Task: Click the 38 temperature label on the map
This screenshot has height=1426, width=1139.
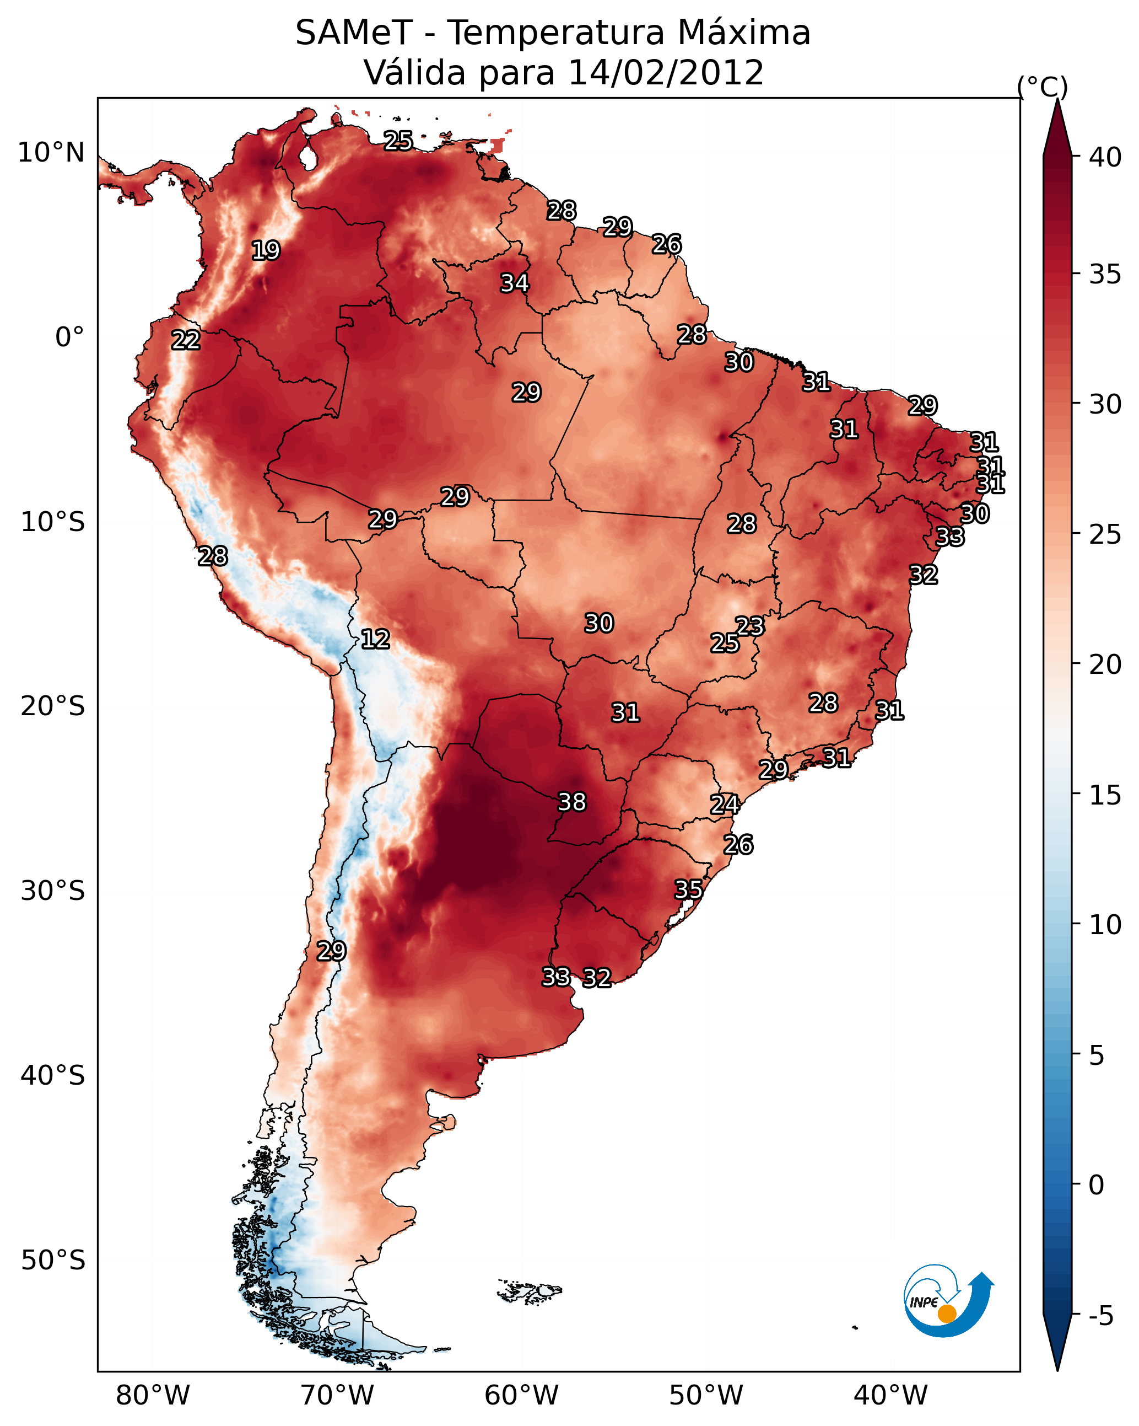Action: tap(572, 802)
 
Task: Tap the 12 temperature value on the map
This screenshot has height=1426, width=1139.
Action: tap(375, 639)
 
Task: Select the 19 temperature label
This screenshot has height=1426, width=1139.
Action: tap(266, 251)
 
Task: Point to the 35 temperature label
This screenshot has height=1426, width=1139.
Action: tap(688, 889)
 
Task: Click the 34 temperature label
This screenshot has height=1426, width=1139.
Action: tap(514, 283)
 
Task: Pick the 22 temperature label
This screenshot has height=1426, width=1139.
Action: tap(186, 340)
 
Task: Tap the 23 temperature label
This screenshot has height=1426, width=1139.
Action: tap(749, 626)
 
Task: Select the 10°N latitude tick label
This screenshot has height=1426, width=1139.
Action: tap(51, 153)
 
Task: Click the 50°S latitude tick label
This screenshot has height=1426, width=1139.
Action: tap(53, 1260)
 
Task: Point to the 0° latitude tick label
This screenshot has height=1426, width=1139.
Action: tap(69, 337)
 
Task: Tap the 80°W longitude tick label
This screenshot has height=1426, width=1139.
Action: tap(153, 1396)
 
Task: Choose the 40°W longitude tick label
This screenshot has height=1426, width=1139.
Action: tap(890, 1396)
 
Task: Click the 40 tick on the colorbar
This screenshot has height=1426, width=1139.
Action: tap(1105, 157)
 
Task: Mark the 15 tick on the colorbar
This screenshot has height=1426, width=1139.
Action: tap(1105, 795)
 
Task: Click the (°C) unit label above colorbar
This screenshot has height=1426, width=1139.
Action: tap(1042, 87)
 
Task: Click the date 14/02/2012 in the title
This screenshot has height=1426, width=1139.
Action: tap(666, 73)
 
